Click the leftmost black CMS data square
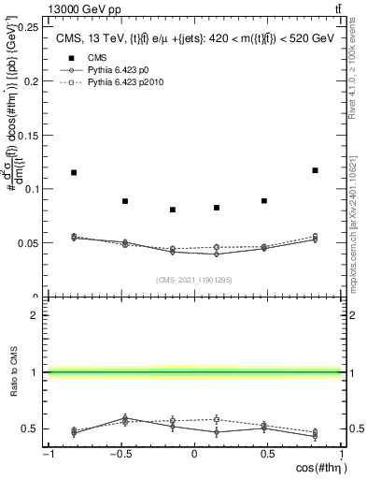(x=74, y=172)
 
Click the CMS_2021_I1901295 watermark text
(x=193, y=279)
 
